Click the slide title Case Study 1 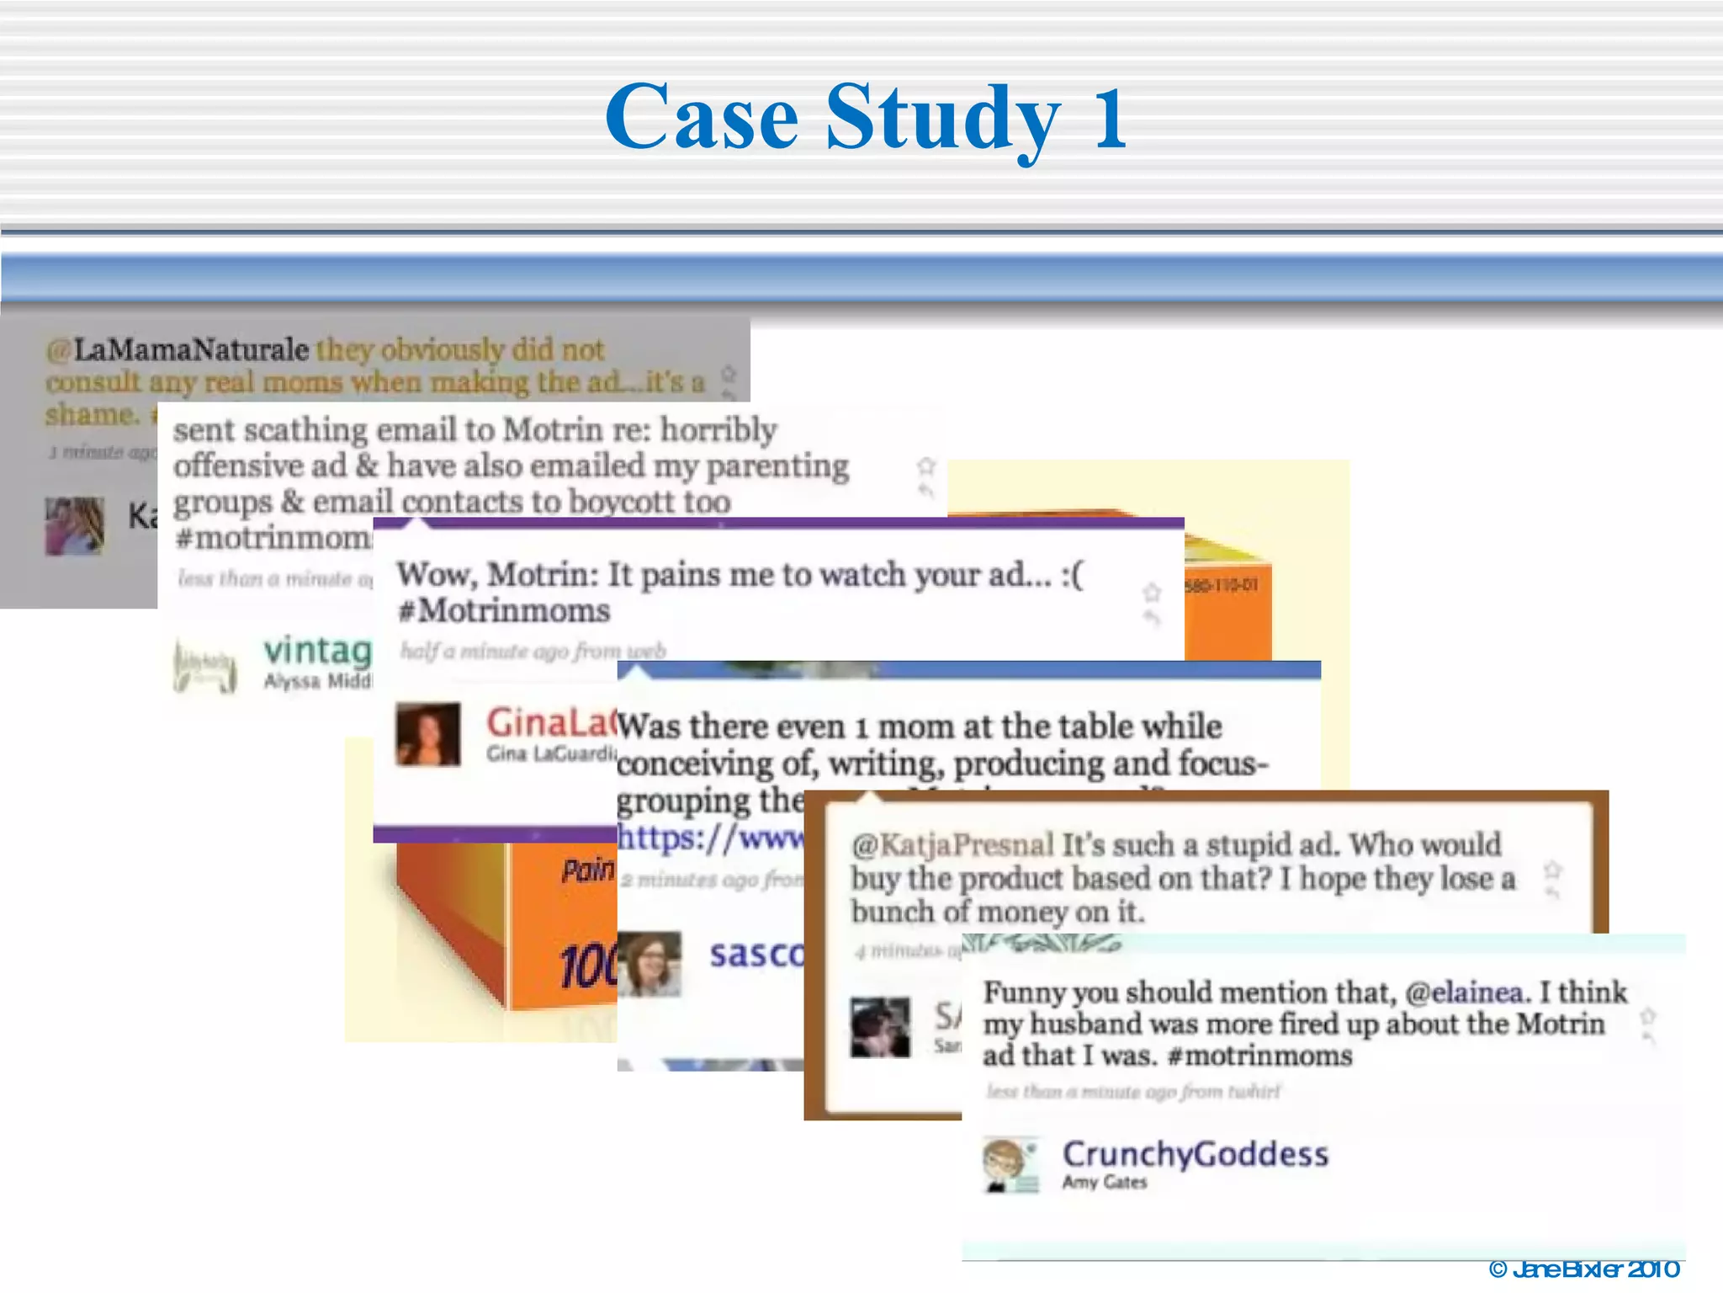[x=867, y=118]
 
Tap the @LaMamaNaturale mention [x=178, y=349]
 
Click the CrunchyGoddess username [x=1195, y=1154]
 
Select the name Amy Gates [x=1104, y=1183]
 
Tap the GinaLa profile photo [x=428, y=734]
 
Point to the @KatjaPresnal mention [x=952, y=844]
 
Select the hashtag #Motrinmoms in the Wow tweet [x=504, y=610]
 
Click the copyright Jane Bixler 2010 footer [x=1583, y=1269]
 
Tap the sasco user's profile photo [x=649, y=964]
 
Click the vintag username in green [x=317, y=651]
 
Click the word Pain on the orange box [x=587, y=870]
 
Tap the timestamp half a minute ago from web [x=533, y=651]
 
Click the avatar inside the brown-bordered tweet [x=880, y=1028]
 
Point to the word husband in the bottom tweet [x=1085, y=1024]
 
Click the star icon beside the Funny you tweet [x=1648, y=1016]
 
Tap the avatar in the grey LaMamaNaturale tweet [x=74, y=526]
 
